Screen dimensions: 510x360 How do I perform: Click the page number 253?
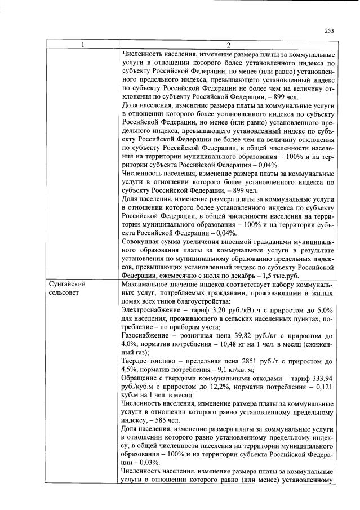pos(330,32)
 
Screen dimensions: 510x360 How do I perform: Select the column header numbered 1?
pos(82,45)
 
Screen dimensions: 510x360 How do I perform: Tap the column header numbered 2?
pos(229,45)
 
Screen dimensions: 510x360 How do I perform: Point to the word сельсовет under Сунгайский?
pos(65,294)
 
